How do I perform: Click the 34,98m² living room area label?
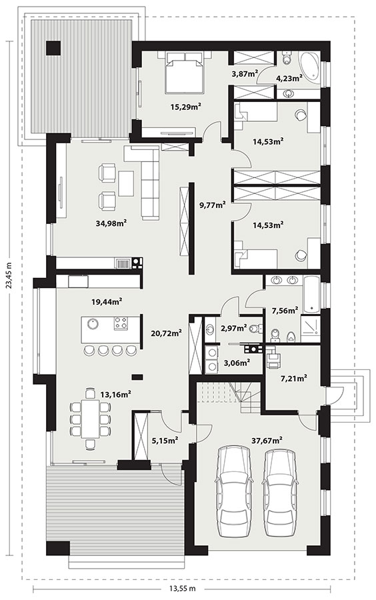click(111, 223)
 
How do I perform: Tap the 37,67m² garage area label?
click(267, 440)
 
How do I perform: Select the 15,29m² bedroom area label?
click(186, 107)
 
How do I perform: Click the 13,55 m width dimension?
click(183, 588)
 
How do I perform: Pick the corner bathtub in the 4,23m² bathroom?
click(309, 67)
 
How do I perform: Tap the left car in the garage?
click(235, 493)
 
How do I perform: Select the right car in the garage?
click(280, 493)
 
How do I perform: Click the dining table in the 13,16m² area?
click(90, 418)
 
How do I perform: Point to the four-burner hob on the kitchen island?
click(121, 323)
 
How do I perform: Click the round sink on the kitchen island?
click(92, 324)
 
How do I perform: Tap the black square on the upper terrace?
click(53, 48)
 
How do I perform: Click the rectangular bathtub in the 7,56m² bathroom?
click(311, 294)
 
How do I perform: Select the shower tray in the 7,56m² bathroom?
click(310, 328)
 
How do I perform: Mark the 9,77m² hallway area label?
click(212, 205)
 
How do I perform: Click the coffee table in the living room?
click(126, 183)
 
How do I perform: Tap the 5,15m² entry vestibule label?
click(165, 441)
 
